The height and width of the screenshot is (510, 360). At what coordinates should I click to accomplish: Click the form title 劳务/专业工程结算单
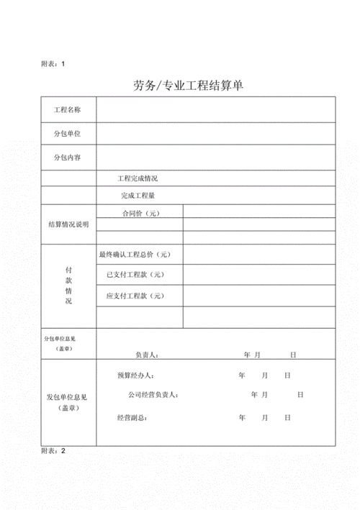coord(189,86)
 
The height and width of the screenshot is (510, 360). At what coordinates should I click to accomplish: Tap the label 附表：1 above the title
coord(53,64)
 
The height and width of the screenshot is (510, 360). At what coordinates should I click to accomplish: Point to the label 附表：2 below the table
coord(53,451)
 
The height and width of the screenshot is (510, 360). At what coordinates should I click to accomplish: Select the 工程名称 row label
coord(68,110)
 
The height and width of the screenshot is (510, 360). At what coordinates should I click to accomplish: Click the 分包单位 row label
coord(68,134)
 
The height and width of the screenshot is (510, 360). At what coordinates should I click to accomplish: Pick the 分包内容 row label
coord(68,158)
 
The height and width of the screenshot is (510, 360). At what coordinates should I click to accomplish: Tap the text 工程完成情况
coord(138,178)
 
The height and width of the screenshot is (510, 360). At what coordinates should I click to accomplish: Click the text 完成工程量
coord(138,196)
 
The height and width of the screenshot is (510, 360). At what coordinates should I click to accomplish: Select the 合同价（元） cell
coord(140,213)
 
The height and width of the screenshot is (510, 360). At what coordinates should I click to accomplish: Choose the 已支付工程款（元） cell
coord(135,275)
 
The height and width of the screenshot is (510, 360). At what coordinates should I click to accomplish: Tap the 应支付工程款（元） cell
coord(135,296)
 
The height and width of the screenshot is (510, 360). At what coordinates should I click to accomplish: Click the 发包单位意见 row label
coord(67,397)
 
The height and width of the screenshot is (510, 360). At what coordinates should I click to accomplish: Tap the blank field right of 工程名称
coord(215,110)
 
